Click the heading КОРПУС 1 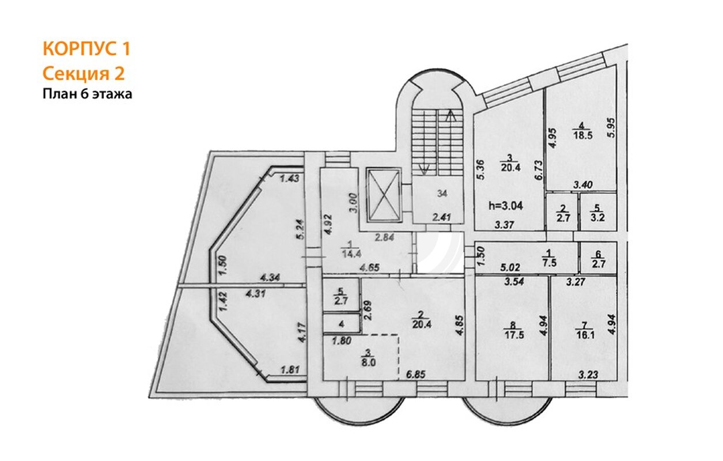coord(86,49)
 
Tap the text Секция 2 coord(84,73)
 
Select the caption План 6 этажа coord(88,94)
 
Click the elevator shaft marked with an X coord(384,195)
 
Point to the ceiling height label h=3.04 coord(505,206)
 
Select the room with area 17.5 coord(512,327)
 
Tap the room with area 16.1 coord(584,327)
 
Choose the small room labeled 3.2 coord(598,212)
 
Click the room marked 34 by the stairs coord(438,199)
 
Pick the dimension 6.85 coord(415,375)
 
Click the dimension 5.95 coord(611,127)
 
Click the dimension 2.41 coord(441,218)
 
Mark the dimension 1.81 coord(290,369)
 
